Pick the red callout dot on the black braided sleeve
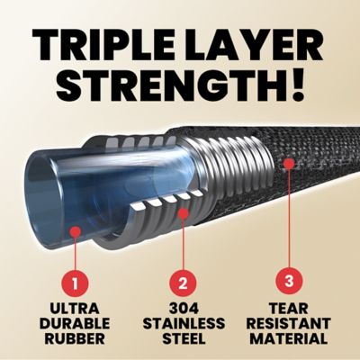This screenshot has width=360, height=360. (289, 165)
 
